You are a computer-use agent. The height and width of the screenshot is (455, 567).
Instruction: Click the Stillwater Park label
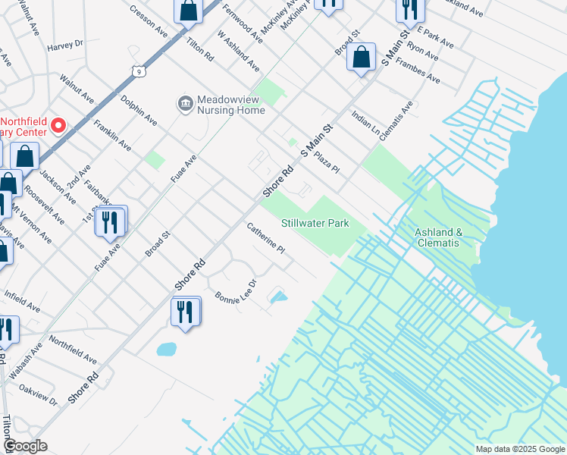[315, 224]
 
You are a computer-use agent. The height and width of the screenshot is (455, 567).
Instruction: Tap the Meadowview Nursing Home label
[231, 105]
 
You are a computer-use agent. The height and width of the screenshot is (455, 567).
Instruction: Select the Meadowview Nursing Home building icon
[183, 103]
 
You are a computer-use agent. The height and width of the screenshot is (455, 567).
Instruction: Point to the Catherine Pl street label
[266, 237]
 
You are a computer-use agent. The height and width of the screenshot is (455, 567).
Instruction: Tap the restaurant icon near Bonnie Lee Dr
[186, 311]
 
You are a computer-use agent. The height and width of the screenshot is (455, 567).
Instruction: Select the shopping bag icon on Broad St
[362, 57]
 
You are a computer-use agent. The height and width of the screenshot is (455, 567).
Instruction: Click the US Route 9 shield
[137, 71]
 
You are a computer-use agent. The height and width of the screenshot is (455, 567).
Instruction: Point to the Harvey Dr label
[64, 45]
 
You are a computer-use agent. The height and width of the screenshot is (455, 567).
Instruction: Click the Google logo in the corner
[24, 446]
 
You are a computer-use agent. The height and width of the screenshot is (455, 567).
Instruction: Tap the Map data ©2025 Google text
[519, 449]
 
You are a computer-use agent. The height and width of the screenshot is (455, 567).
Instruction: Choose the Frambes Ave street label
[421, 71]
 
